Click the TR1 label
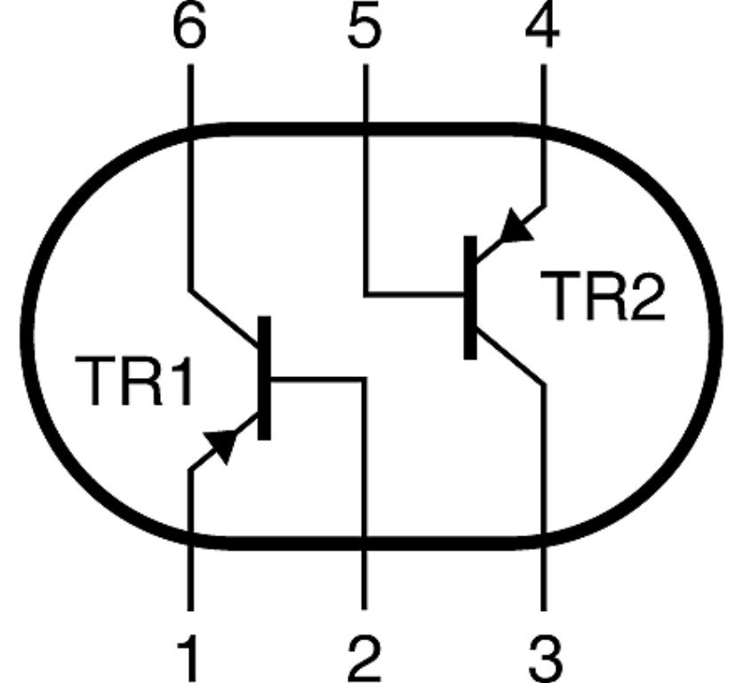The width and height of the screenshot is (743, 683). click(x=133, y=381)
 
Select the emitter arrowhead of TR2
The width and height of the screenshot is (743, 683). click(x=513, y=229)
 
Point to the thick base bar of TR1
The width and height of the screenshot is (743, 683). click(x=264, y=377)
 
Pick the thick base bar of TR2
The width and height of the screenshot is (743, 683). click(x=470, y=298)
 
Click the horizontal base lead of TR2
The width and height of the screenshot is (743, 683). click(x=414, y=293)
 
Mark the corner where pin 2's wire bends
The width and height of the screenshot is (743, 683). click(x=364, y=380)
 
